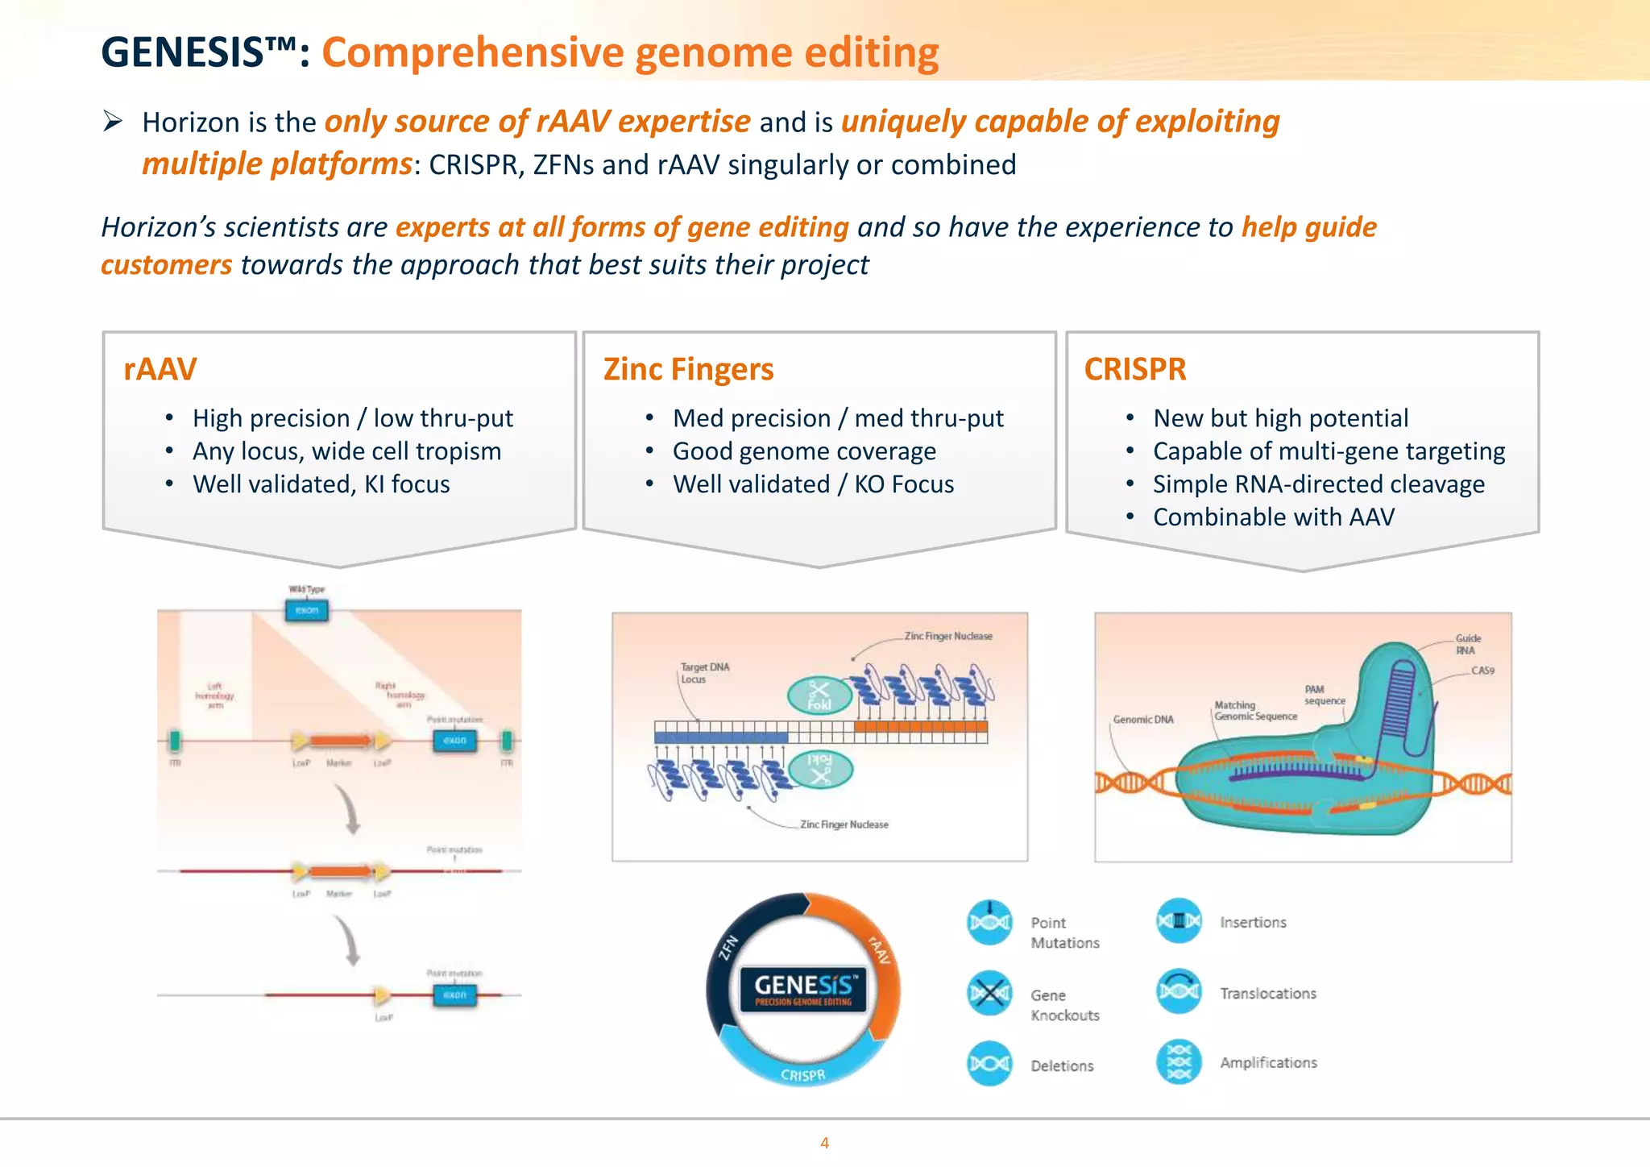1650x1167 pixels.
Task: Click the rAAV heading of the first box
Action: coord(160,369)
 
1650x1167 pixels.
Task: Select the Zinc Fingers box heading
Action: coord(688,369)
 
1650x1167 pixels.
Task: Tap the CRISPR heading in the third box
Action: coord(1134,369)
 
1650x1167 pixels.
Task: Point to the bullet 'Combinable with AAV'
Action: coord(1273,517)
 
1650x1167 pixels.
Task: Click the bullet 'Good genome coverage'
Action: coord(804,451)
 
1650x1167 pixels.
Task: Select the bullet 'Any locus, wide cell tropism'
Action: coord(346,451)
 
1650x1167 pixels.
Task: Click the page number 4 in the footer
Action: coord(824,1142)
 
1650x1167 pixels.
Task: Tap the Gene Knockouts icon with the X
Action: coord(989,993)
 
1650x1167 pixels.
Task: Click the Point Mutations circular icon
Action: coord(989,922)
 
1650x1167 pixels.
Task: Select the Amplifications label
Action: coord(1268,1062)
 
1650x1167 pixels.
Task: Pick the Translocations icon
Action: coord(1179,991)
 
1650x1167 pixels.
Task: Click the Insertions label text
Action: coord(1253,922)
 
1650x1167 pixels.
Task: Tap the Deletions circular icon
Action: coord(989,1064)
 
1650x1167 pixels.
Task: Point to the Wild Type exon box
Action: coord(307,610)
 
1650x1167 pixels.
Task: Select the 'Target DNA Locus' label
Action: coord(704,673)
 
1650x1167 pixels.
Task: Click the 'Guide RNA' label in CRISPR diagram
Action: coord(1468,644)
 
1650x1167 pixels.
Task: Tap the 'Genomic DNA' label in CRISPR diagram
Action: coord(1142,719)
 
